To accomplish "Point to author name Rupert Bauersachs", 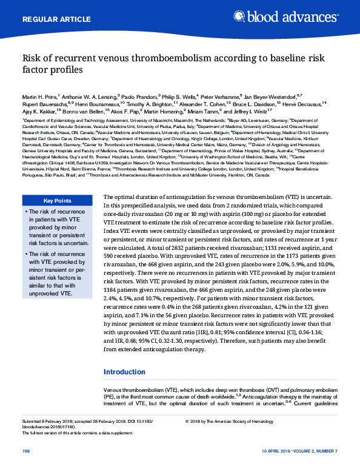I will (x=43, y=104).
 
